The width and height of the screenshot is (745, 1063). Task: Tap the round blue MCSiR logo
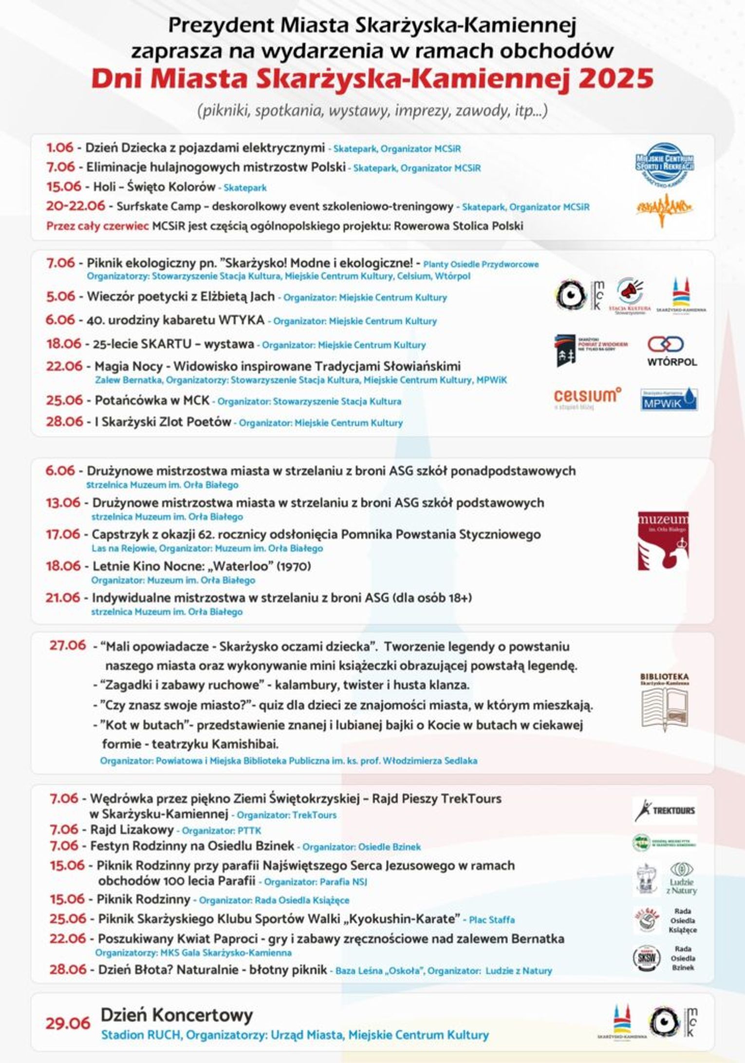click(665, 164)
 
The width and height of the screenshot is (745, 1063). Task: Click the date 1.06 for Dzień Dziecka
click(59, 148)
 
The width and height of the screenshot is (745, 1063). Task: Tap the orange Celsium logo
click(587, 397)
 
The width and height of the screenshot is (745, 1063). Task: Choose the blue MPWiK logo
click(669, 399)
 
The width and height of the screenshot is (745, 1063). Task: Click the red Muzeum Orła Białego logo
click(663, 540)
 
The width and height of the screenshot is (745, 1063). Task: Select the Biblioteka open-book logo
click(664, 702)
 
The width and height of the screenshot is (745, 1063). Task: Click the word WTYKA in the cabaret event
click(242, 320)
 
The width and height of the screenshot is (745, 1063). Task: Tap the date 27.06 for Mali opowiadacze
click(67, 645)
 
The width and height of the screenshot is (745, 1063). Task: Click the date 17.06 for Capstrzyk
click(63, 534)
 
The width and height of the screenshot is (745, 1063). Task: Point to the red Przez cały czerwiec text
click(97, 226)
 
